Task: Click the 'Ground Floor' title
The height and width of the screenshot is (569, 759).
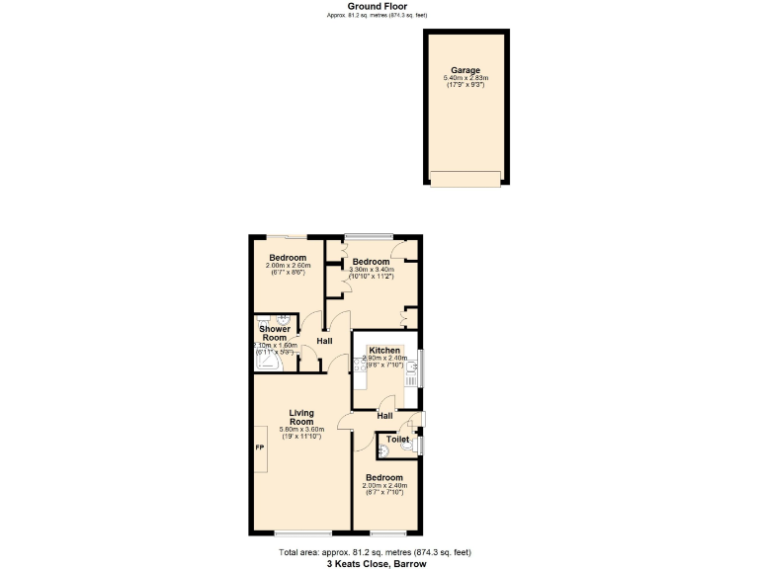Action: tap(379, 6)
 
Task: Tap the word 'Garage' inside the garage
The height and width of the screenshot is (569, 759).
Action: tap(465, 70)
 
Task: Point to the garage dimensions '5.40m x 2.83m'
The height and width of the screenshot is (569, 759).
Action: tap(465, 78)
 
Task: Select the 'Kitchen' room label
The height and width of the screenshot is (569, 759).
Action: tap(384, 351)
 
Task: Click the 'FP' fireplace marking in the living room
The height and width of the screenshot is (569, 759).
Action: tap(260, 448)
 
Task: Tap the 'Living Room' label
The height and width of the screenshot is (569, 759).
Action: tap(301, 417)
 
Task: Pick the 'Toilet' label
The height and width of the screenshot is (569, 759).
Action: tap(397, 440)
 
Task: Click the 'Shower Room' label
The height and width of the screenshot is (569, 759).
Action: tap(275, 333)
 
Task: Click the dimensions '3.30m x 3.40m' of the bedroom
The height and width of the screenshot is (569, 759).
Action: tap(372, 270)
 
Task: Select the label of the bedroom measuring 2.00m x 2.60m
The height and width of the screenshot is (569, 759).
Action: tap(287, 258)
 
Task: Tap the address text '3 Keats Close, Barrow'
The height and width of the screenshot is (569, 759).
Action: tap(376, 564)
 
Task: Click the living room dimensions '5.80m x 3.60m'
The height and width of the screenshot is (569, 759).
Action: tap(301, 430)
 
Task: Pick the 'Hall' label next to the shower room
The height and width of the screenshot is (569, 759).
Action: tap(324, 341)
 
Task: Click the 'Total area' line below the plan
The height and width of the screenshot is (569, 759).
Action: tap(376, 553)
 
